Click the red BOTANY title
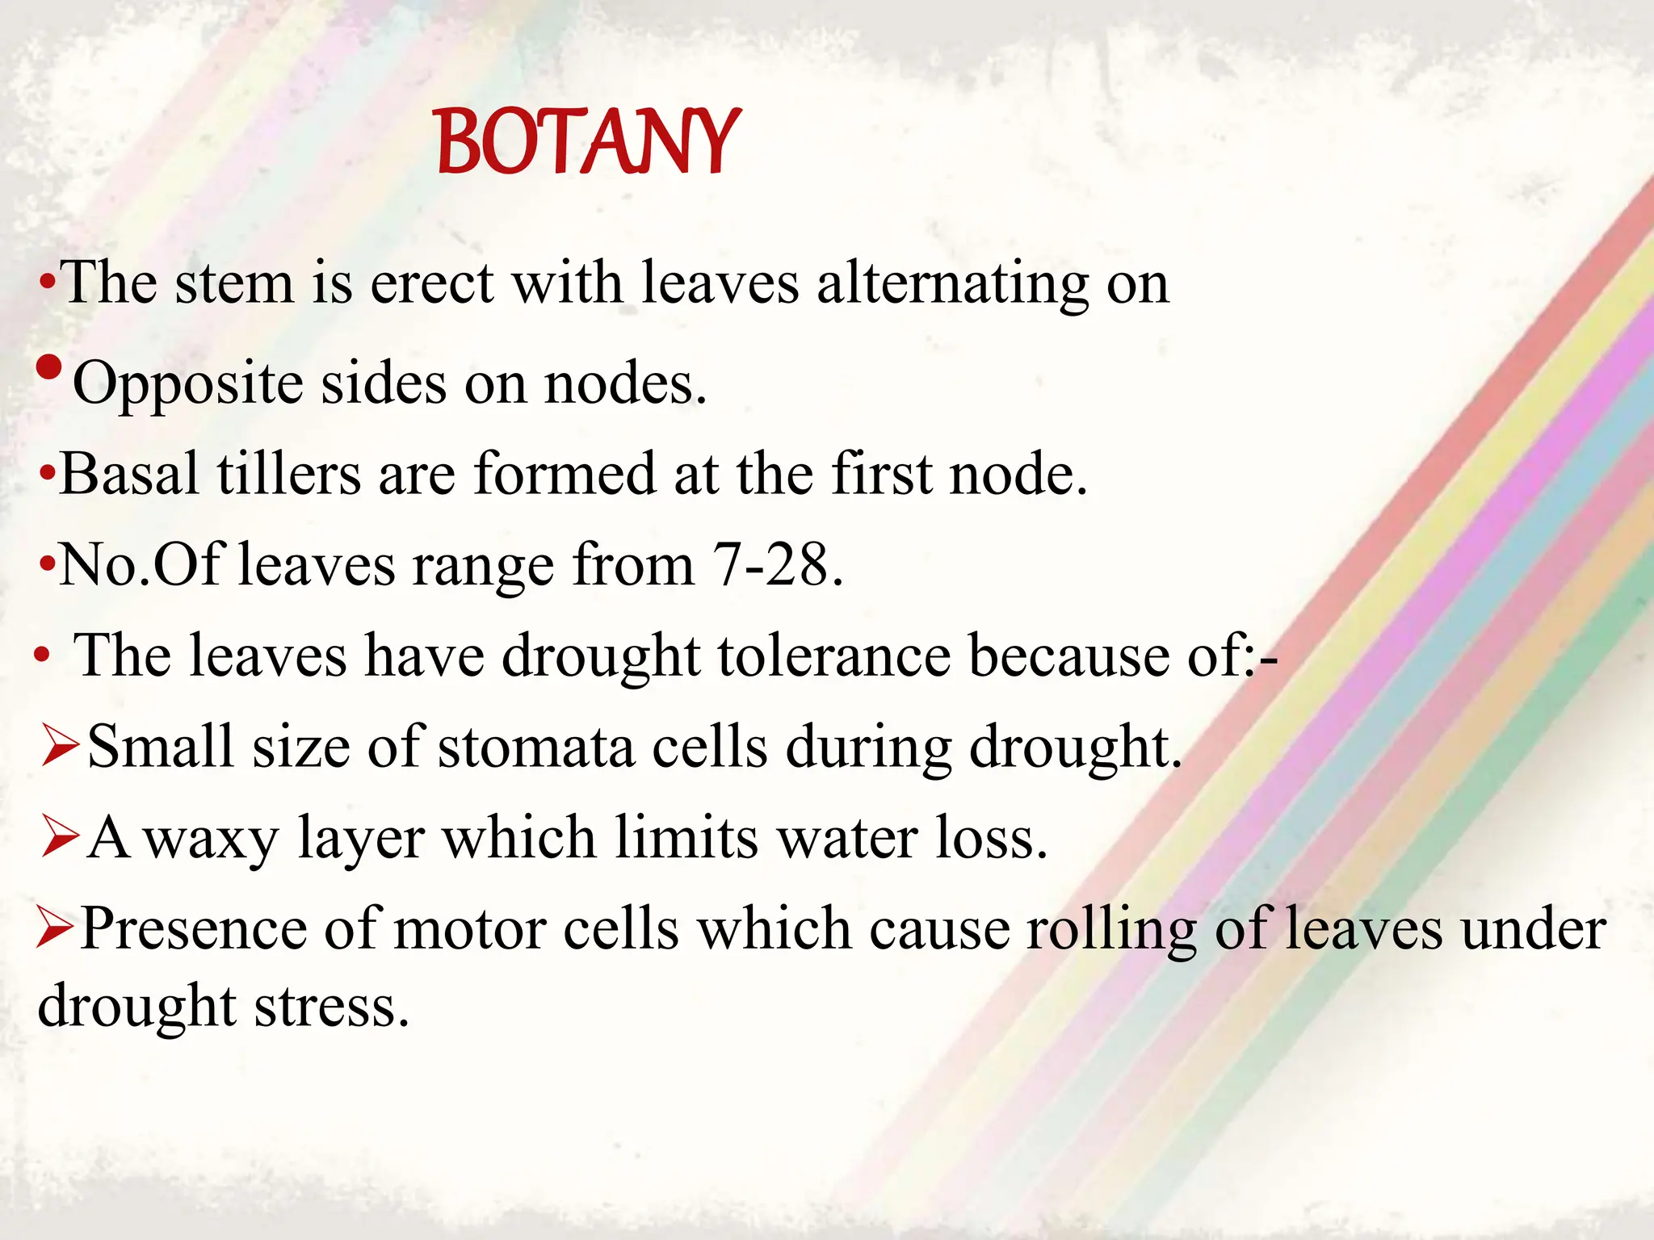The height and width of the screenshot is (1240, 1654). click(587, 143)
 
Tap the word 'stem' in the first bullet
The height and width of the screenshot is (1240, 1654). click(234, 284)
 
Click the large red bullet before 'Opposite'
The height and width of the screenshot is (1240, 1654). click(49, 368)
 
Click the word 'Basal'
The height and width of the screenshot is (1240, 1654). click(129, 474)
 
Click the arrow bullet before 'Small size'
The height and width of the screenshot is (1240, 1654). click(60, 748)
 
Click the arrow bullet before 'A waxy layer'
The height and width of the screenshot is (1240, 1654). click(60, 838)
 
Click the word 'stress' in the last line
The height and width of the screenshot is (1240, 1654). click(331, 1007)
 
